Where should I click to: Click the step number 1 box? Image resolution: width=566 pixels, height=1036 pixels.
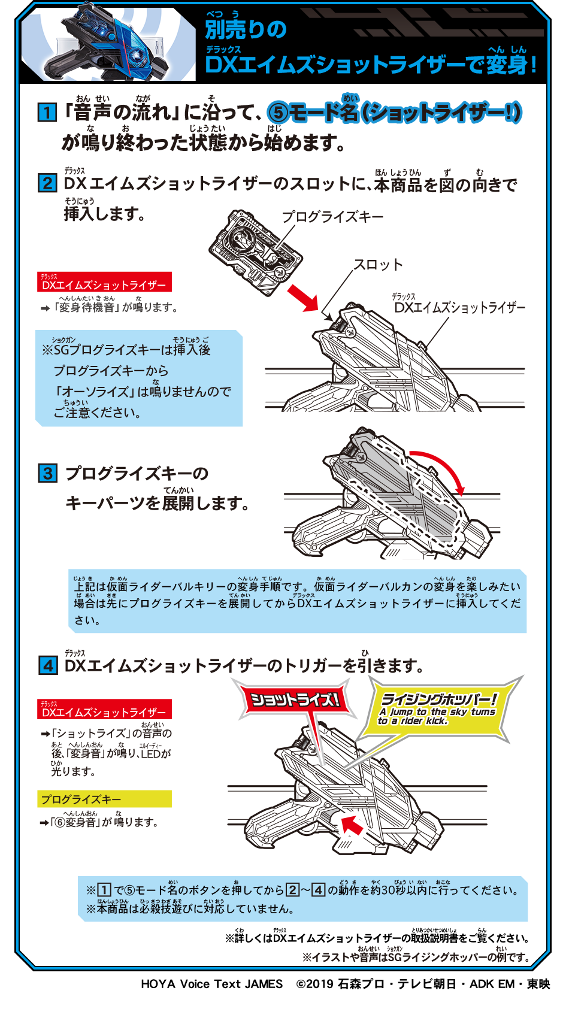click(47, 112)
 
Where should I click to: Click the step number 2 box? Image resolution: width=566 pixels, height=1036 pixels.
click(47, 183)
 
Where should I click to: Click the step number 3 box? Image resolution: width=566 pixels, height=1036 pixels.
click(47, 474)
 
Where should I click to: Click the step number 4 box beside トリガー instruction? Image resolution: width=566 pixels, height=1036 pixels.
click(48, 665)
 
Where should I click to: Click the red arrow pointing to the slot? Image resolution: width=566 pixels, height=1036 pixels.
click(303, 298)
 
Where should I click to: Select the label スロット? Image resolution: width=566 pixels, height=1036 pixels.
click(378, 265)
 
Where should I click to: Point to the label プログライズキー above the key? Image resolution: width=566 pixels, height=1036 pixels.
click(332, 217)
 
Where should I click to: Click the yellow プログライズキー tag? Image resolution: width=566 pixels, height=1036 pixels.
click(104, 799)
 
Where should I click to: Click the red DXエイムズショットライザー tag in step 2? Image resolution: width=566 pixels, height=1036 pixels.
click(104, 283)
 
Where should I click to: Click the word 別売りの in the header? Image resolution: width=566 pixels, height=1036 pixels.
click(246, 29)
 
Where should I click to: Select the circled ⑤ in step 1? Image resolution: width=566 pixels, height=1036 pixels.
click(278, 113)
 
